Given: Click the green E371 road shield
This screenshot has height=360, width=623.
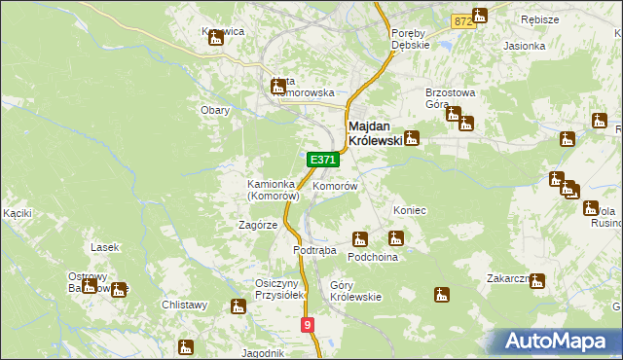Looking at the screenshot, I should (323, 160).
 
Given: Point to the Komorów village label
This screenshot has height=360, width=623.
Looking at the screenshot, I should (335, 185).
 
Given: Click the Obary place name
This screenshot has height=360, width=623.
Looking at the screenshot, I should (215, 110).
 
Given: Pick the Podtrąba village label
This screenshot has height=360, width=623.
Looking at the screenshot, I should (314, 250).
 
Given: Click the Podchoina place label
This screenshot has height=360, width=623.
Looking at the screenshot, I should (374, 258).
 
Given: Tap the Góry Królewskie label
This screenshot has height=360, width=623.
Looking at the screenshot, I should (355, 292).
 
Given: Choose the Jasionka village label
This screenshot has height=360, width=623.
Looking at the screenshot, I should (524, 46).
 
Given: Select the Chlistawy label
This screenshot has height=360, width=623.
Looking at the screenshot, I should (185, 305).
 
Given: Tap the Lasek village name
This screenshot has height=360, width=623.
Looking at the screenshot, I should (104, 247).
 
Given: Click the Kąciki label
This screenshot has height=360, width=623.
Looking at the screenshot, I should (18, 212).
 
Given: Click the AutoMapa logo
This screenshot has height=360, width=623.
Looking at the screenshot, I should (559, 341).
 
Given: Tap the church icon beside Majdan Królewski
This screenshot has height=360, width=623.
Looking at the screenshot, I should (412, 138).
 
